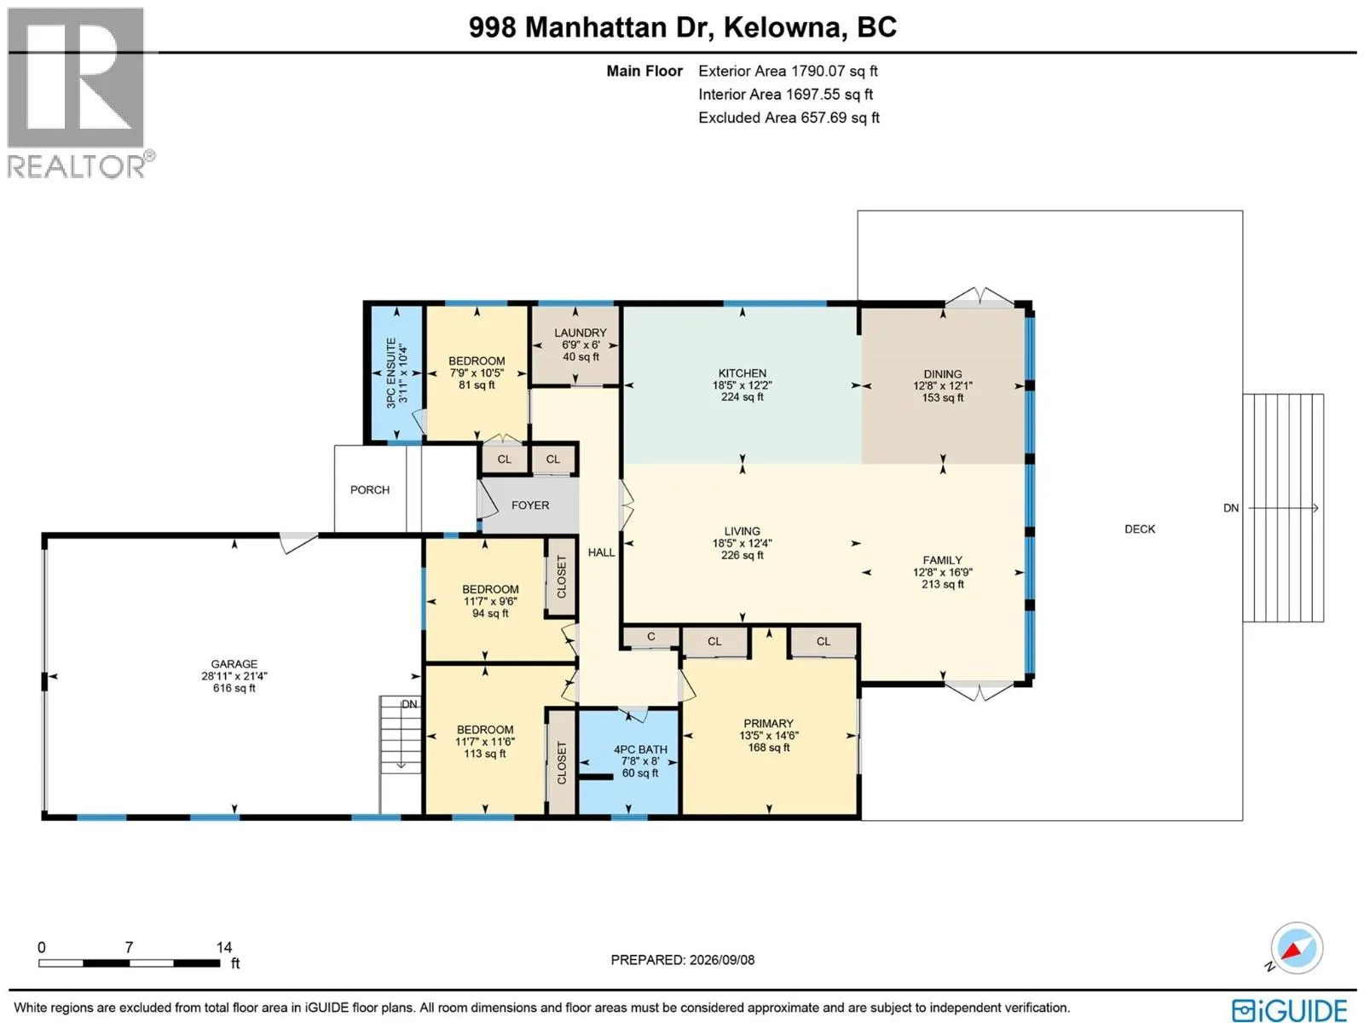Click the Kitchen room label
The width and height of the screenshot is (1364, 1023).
(x=742, y=373)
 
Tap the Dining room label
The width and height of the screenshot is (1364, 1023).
(x=943, y=374)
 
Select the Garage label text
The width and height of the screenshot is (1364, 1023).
(x=234, y=664)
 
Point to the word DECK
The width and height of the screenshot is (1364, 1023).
(x=1140, y=529)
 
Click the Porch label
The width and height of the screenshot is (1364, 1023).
(x=370, y=490)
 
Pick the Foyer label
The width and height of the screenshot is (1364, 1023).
(x=530, y=506)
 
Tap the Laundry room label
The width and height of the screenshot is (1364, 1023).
(x=581, y=333)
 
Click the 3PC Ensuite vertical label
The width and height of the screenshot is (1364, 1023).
(x=390, y=373)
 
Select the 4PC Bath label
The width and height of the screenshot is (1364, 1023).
(x=641, y=749)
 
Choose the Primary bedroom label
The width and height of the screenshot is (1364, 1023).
(x=769, y=724)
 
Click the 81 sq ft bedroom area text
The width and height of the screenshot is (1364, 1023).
(x=477, y=385)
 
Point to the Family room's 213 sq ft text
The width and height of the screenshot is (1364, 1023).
(x=943, y=585)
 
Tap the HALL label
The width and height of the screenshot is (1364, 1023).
(x=601, y=552)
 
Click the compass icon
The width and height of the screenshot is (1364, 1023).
(x=1297, y=949)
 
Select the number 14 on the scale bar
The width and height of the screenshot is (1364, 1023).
(x=223, y=947)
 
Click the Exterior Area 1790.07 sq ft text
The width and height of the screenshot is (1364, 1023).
(x=788, y=72)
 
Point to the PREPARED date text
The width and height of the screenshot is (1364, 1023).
(x=682, y=960)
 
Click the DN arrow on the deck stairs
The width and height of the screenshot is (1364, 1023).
(x=1283, y=508)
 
